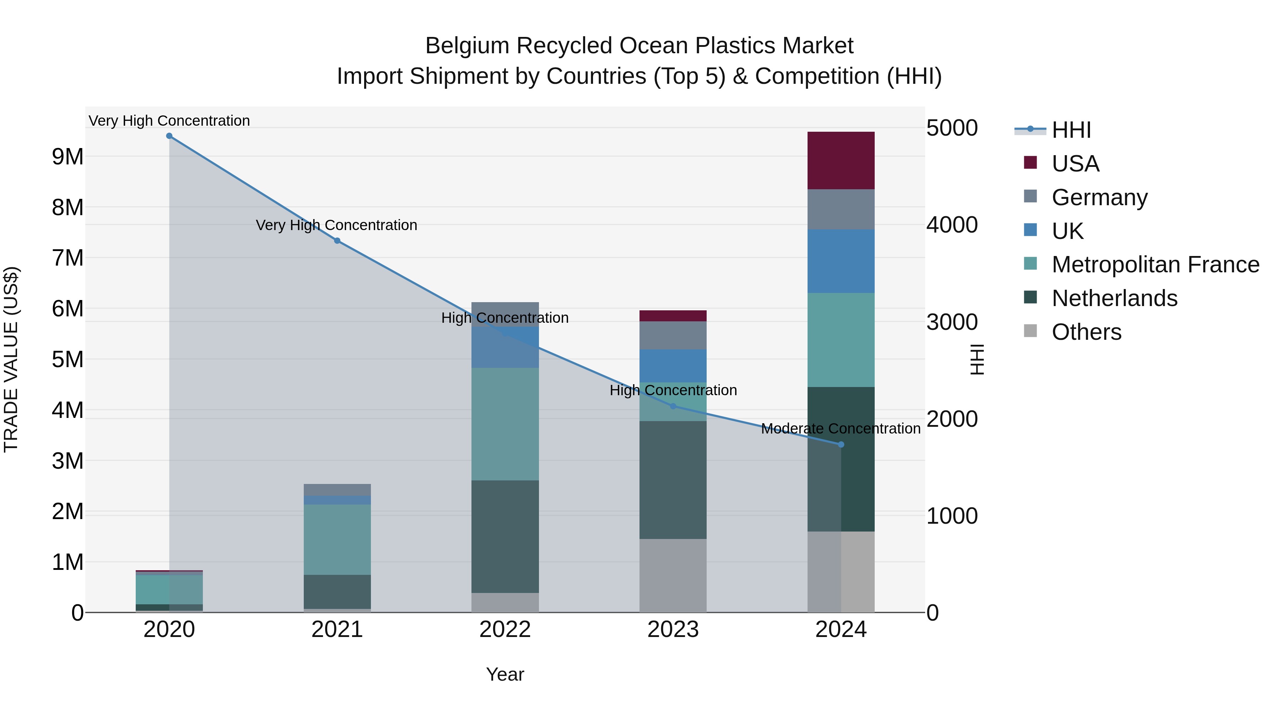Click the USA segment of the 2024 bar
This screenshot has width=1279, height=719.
(841, 160)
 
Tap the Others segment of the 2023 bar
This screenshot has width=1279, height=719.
(673, 576)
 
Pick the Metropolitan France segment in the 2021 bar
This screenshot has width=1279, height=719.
(337, 539)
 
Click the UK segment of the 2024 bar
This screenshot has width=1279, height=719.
(841, 261)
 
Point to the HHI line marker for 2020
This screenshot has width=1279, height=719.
(169, 136)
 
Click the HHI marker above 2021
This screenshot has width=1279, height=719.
(337, 241)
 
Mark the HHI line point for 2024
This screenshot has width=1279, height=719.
(841, 445)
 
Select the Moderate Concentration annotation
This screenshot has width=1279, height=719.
(841, 429)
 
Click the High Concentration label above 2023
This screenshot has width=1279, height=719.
(673, 391)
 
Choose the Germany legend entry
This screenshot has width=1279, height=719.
(1099, 197)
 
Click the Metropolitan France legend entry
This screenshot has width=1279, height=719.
(1155, 265)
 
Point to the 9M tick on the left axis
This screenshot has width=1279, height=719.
(68, 157)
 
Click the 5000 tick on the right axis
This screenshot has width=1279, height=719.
(952, 128)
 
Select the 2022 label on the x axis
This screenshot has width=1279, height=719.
(505, 630)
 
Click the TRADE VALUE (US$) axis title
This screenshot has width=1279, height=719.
(11, 359)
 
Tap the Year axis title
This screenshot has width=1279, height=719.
(505, 674)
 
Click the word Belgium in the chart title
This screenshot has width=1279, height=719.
(467, 46)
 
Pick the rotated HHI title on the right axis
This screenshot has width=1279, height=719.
(977, 359)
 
